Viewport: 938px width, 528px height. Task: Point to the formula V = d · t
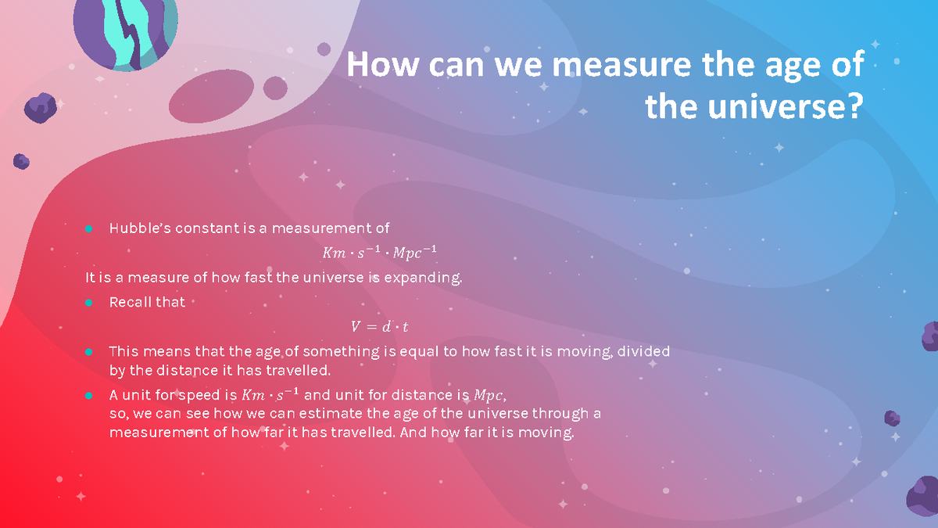click(380, 327)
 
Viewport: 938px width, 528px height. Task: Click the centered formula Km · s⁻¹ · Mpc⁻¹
click(380, 253)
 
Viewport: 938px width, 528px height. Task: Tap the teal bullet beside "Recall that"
click(89, 302)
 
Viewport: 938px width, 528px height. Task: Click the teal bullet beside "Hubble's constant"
click(89, 228)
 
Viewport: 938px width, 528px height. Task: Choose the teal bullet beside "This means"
click(89, 351)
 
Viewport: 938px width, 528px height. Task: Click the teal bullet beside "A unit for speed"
click(89, 394)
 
